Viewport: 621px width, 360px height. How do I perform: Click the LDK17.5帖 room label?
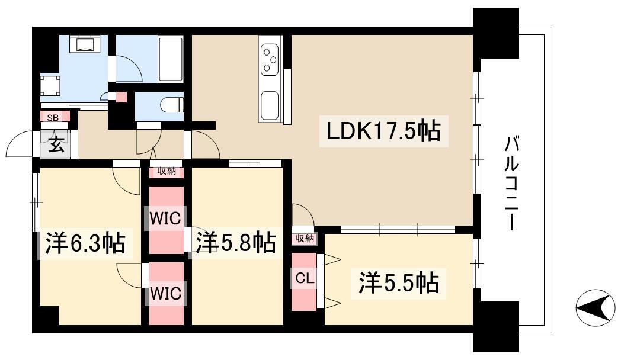pos(380,131)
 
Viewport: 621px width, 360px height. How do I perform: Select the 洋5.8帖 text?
pos(236,242)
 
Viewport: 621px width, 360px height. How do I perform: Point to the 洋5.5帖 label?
pos(398,283)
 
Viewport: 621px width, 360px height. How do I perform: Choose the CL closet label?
pos(303,278)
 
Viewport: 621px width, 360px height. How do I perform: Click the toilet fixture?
pos(171,104)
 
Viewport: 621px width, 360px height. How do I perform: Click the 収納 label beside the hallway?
pos(167,172)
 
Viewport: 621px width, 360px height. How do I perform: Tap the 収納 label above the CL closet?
pos(305,239)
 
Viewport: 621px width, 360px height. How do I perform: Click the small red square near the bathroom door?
pos(121,97)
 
